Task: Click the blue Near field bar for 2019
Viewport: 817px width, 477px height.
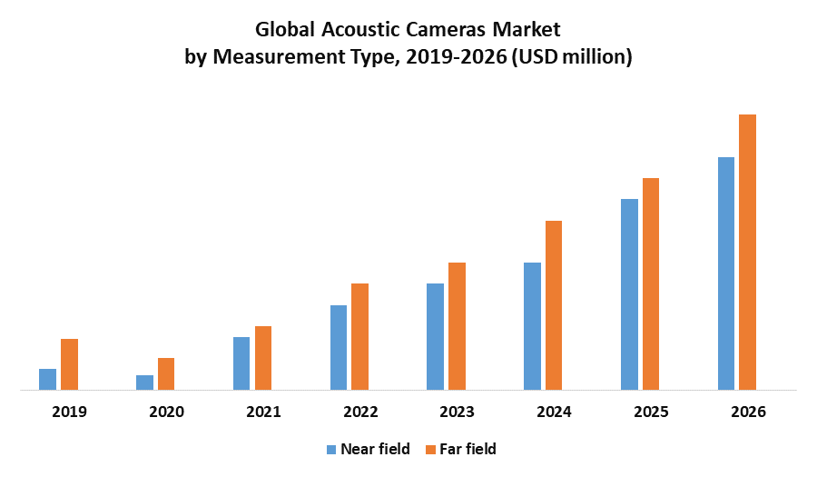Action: click(x=47, y=380)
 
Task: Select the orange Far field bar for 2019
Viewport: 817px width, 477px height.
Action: click(x=69, y=364)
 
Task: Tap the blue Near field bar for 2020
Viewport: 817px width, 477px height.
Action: click(x=144, y=383)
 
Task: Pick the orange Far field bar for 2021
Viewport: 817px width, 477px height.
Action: click(x=263, y=358)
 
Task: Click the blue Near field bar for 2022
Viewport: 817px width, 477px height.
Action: click(x=339, y=348)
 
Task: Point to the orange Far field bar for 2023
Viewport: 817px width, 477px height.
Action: click(x=457, y=326)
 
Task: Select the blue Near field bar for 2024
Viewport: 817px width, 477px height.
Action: click(x=532, y=326)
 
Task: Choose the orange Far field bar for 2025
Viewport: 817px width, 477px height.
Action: click(x=651, y=284)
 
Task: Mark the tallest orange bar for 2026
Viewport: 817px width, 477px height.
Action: click(x=747, y=253)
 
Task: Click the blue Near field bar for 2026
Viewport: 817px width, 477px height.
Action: click(x=726, y=273)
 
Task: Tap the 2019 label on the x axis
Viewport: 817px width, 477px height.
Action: click(x=69, y=412)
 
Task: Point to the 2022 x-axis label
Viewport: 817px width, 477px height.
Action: click(x=360, y=412)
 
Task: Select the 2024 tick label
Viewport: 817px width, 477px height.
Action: click(x=554, y=412)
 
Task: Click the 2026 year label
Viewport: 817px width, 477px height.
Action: click(x=748, y=412)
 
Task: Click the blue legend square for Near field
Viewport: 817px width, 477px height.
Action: click(x=331, y=449)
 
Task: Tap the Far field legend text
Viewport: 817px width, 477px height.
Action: click(x=468, y=449)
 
